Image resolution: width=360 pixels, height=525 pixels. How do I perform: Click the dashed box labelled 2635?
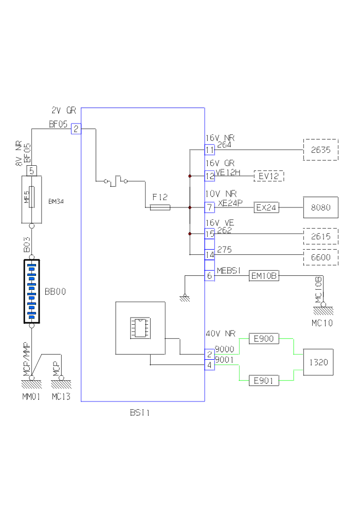click(x=320, y=150)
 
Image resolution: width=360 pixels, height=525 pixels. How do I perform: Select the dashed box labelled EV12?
click(x=268, y=176)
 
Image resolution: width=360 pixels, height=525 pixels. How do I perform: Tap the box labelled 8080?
click(x=320, y=208)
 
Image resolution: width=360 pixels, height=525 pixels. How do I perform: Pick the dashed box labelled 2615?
click(x=320, y=236)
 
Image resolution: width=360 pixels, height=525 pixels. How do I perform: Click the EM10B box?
click(x=264, y=275)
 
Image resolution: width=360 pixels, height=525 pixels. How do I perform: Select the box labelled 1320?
click(x=318, y=362)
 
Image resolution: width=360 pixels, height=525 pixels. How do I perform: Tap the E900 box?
click(x=263, y=339)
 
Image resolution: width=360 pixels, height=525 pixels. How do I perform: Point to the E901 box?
click(x=263, y=381)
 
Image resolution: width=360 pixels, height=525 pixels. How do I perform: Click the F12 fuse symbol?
click(x=160, y=207)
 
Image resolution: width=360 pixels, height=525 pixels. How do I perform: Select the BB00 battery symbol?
click(x=31, y=291)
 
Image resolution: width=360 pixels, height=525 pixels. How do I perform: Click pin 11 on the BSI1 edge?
click(x=209, y=150)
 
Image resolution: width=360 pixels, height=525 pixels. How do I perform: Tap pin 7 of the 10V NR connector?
click(x=209, y=208)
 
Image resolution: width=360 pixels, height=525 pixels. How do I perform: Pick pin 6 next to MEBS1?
click(x=209, y=275)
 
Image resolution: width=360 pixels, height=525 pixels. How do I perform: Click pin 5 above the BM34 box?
click(x=31, y=170)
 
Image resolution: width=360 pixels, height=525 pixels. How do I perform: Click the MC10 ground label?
click(x=322, y=324)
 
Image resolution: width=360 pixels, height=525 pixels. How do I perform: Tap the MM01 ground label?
click(x=31, y=397)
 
